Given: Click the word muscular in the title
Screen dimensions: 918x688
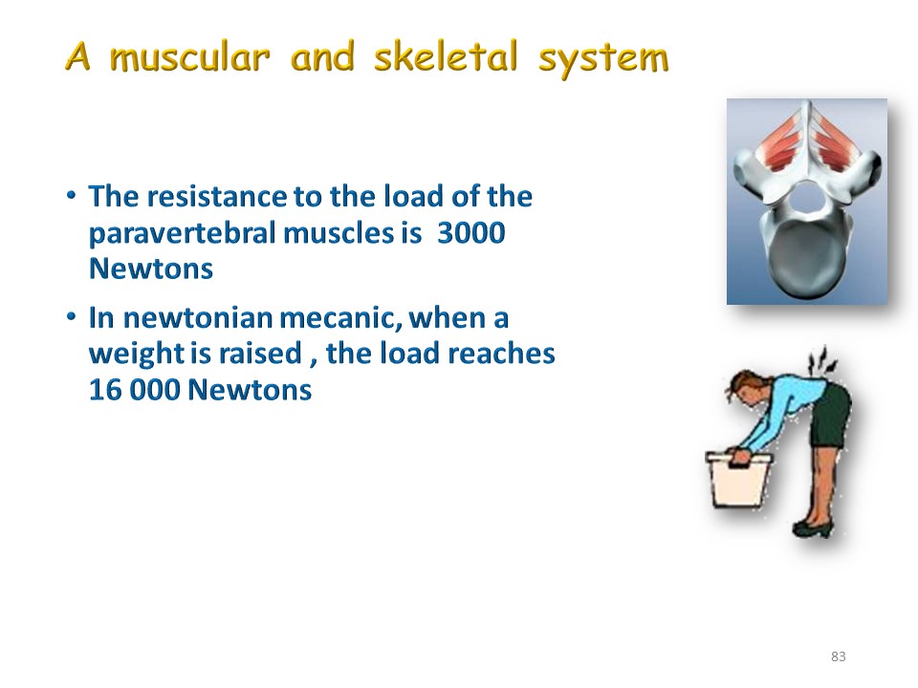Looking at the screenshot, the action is [x=189, y=58].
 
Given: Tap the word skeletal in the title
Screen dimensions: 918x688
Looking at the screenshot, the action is [x=446, y=56].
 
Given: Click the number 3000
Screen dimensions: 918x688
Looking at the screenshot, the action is [x=470, y=233].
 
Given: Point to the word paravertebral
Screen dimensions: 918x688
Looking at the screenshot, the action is [x=182, y=233].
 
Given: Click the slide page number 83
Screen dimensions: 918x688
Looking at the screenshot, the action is [x=839, y=656].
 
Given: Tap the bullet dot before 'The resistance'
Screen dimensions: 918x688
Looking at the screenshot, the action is [x=71, y=195].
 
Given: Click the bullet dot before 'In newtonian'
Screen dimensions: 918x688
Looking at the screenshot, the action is [x=71, y=316].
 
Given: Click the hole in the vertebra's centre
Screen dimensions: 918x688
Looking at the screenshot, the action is [x=806, y=198].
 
